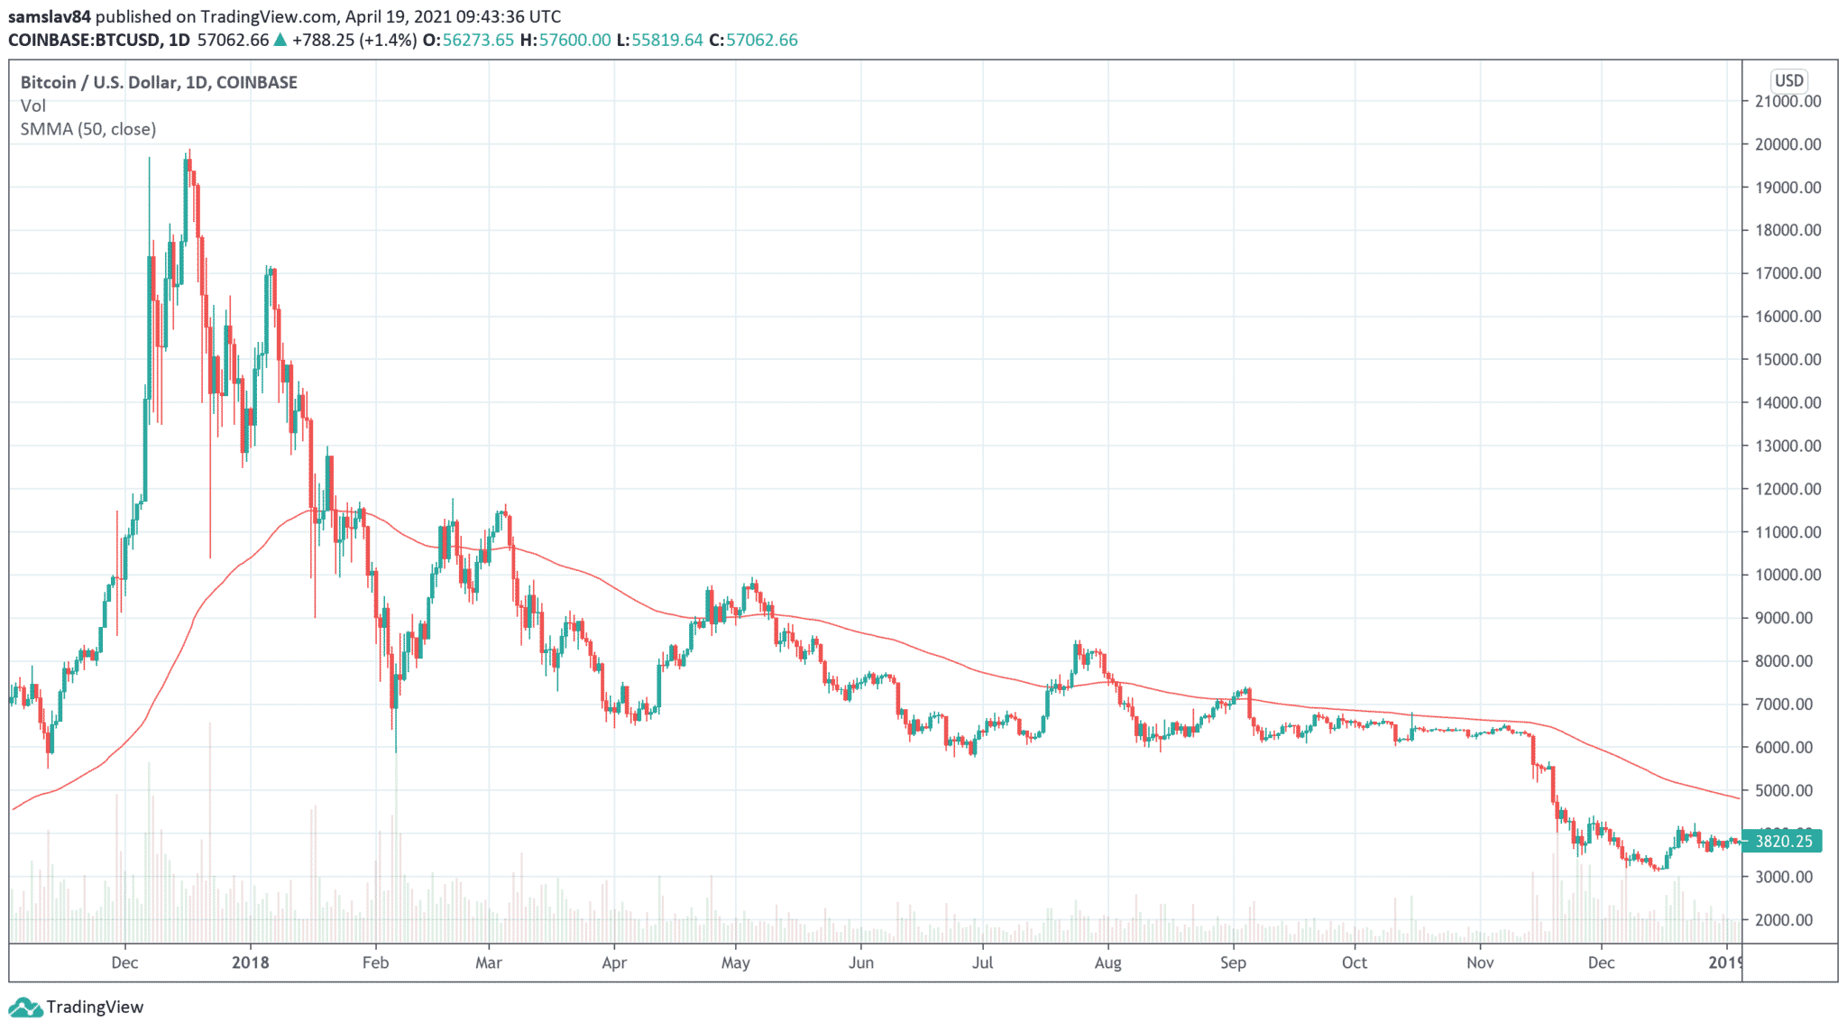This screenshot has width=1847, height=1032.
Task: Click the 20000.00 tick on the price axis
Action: pos(1787,144)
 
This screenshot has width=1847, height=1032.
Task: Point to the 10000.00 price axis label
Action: pos(1787,575)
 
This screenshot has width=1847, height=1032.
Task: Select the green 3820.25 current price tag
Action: pos(1783,842)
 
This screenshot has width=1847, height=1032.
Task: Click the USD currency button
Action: pos(1788,80)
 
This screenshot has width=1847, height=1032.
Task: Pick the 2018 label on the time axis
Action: pos(250,963)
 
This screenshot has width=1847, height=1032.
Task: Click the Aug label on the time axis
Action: pos(1107,963)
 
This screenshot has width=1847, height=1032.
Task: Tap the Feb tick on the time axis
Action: pos(375,963)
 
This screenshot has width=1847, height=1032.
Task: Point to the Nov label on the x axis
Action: pos(1480,963)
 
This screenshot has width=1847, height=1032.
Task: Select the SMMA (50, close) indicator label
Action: pos(88,129)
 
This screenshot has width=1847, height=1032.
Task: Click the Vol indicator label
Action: pos(32,106)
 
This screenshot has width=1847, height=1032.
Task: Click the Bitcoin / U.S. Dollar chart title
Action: pos(159,82)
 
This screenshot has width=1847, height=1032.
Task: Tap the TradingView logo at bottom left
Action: pos(77,1007)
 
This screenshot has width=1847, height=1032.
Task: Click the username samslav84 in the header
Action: pos(49,16)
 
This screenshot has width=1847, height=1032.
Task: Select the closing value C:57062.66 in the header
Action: pos(753,40)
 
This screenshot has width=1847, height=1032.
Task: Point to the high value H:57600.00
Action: pos(565,40)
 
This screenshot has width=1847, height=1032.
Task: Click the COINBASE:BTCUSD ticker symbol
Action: pos(86,40)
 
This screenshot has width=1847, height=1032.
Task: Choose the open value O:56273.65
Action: pos(468,40)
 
